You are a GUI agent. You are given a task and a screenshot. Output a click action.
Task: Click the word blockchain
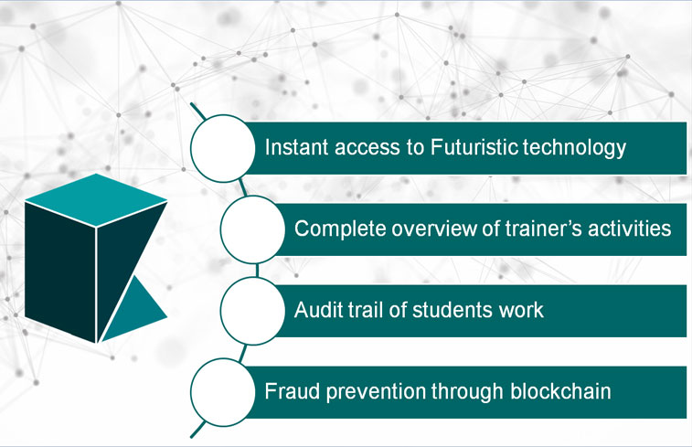pos(560,391)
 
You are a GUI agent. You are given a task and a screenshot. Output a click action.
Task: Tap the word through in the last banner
pos(467,392)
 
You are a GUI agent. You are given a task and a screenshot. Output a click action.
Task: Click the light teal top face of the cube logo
pos(96,200)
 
